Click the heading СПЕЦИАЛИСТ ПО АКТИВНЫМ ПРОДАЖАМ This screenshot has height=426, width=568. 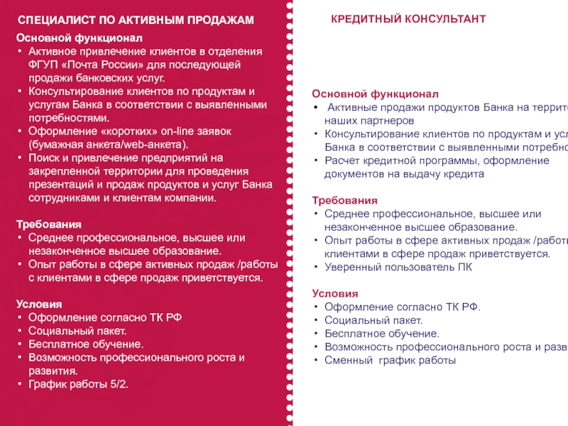tap(135, 21)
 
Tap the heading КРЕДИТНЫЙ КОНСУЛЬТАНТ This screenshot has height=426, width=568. tap(408, 19)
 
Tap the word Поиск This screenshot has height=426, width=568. tap(44, 158)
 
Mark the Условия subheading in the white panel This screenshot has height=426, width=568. tap(335, 294)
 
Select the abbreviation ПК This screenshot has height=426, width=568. tap(463, 267)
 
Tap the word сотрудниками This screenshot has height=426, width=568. tap(65, 198)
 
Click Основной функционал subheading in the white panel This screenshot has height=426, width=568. tap(376, 94)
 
